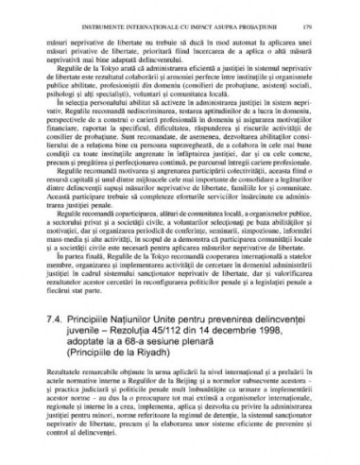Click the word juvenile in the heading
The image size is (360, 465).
tap(86, 336)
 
